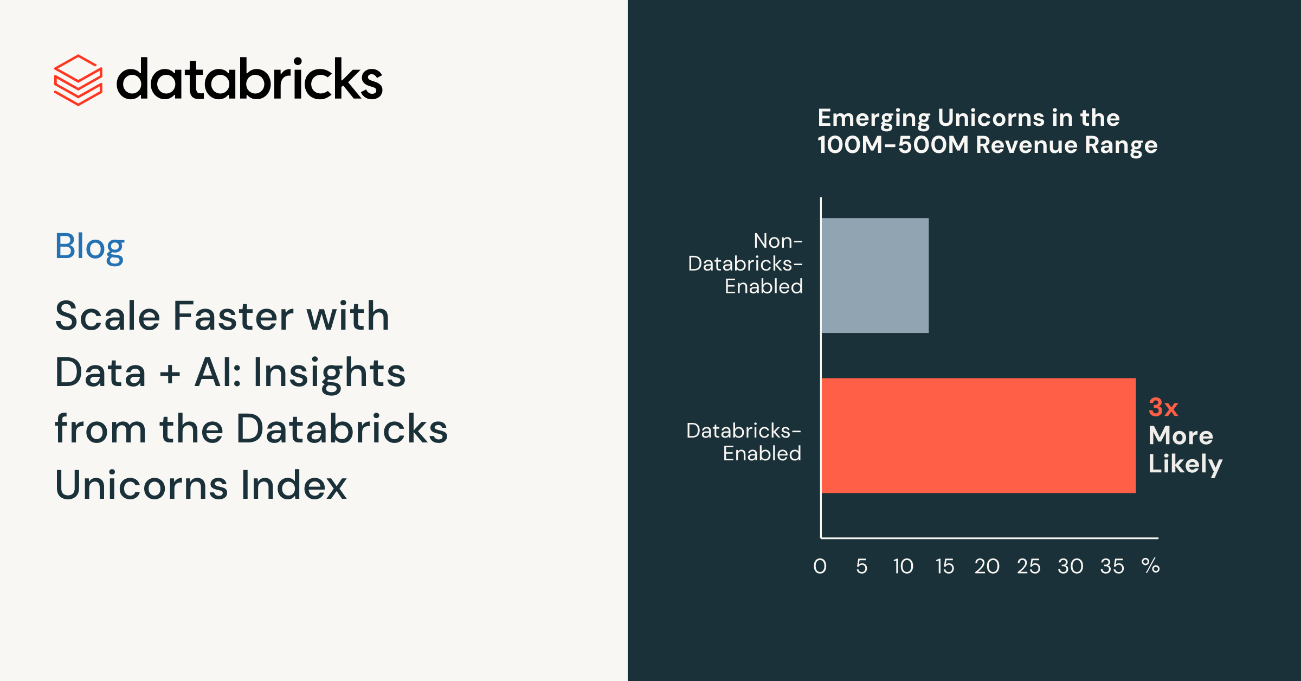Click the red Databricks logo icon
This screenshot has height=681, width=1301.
pyautogui.click(x=78, y=80)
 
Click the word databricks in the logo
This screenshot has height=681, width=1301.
pyautogui.click(x=250, y=79)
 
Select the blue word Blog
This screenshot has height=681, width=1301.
pyautogui.click(x=90, y=247)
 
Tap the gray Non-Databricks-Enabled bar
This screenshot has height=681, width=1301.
pyautogui.click(x=875, y=275)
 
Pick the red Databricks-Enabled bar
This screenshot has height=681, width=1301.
pyautogui.click(x=978, y=435)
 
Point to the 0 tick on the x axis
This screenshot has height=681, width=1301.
pyautogui.click(x=820, y=567)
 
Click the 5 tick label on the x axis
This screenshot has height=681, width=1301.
pyautogui.click(x=862, y=567)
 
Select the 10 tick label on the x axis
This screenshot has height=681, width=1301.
pyautogui.click(x=903, y=567)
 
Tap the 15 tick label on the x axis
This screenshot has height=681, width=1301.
pyautogui.click(x=945, y=567)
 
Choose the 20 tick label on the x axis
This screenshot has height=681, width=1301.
pyautogui.click(x=987, y=567)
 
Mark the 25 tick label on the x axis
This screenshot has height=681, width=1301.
pyautogui.click(x=1029, y=567)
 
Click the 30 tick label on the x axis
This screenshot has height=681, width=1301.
pyautogui.click(x=1071, y=567)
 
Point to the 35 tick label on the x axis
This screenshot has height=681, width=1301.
pyautogui.click(x=1112, y=567)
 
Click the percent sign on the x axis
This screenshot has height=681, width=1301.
pyautogui.click(x=1150, y=566)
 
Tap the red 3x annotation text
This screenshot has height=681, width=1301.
pyautogui.click(x=1163, y=408)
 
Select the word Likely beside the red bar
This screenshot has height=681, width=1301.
pyautogui.click(x=1186, y=464)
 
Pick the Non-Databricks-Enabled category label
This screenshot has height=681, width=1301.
pyautogui.click(x=745, y=264)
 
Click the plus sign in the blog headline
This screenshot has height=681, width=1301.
pyautogui.click(x=170, y=374)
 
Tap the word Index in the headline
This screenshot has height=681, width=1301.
pyautogui.click(x=294, y=485)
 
